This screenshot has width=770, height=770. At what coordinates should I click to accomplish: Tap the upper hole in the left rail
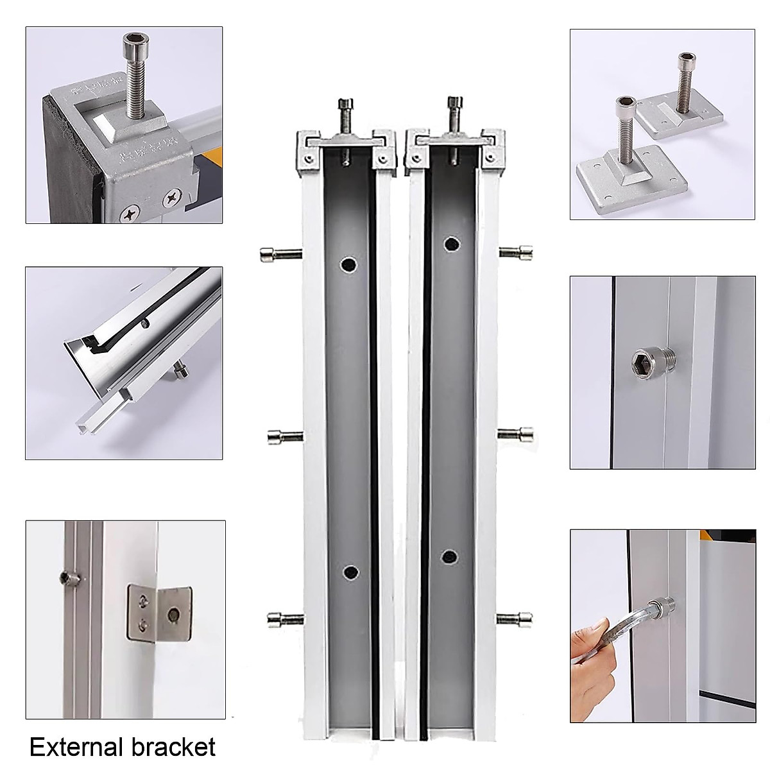pos(349,264)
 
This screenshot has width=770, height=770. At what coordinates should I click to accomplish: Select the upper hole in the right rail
pos(452,244)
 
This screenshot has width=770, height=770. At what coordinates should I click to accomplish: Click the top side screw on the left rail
pos(277,255)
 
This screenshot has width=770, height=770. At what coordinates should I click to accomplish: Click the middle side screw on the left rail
pos(283,437)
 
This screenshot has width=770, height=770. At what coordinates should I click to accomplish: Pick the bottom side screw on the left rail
pos(283,619)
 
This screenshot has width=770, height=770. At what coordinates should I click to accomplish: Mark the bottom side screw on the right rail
pos(515,618)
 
